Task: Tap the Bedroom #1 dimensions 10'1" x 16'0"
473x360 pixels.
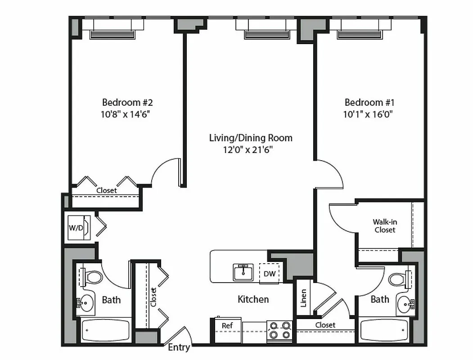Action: tap(369, 114)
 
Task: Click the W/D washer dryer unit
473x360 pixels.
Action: tap(76, 227)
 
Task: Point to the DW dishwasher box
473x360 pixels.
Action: tap(270, 273)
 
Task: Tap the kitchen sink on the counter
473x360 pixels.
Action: tap(243, 272)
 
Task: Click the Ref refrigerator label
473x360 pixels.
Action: tap(227, 325)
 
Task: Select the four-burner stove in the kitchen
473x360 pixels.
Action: tap(279, 330)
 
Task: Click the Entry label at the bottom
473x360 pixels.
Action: tap(179, 347)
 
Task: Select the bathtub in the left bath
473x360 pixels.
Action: tap(105, 330)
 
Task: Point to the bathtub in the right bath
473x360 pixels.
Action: tap(384, 331)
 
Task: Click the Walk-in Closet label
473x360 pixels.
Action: tap(384, 226)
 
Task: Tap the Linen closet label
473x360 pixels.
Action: tap(304, 298)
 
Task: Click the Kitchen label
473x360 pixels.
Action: tap(253, 299)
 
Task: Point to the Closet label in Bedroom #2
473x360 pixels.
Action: tap(107, 190)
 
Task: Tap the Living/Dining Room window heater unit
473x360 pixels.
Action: tap(267, 35)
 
